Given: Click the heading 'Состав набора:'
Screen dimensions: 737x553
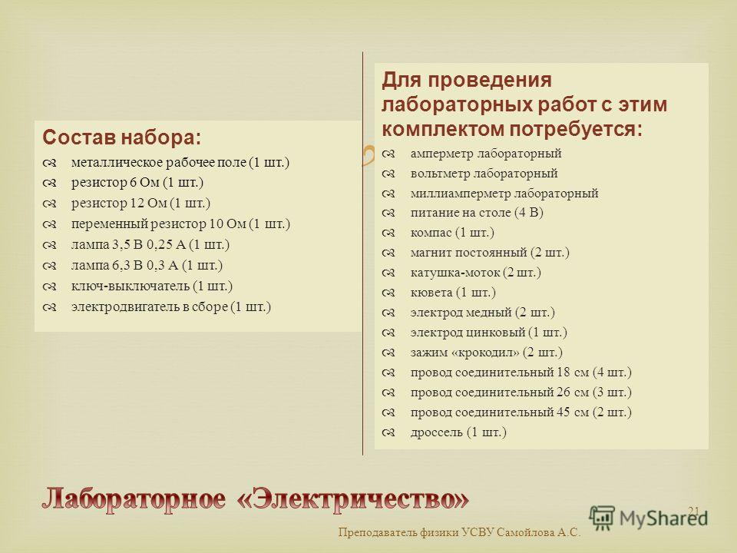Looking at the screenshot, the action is coord(122,137).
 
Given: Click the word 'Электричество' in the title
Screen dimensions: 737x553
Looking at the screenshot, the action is coord(353,498).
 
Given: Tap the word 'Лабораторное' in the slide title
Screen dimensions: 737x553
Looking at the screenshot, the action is coord(134,499).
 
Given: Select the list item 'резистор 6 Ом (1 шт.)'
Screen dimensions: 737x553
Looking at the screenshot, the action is coord(137,183).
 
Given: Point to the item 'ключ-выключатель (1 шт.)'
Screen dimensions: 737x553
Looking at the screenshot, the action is coord(152,286).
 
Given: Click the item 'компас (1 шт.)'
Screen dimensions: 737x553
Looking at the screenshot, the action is coord(452,232).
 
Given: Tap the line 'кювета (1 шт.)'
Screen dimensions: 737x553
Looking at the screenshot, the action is coord(453,293).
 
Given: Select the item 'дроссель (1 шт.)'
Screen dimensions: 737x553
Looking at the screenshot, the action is coord(458,432).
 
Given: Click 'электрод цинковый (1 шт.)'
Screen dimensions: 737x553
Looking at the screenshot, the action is coord(489,333).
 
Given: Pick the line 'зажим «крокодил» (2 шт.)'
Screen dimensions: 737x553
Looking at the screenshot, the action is coord(487,353).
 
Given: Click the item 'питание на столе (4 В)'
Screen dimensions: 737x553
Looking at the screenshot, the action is coord(477,213).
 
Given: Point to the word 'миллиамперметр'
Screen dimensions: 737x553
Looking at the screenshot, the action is coord(460,194).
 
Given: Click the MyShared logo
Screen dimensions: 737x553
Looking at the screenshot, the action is coord(649,518).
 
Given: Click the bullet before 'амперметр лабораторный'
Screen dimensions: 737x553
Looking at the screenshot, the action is coord(388,154).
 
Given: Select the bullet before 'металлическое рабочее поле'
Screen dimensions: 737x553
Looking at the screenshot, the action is coord(49,163).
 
